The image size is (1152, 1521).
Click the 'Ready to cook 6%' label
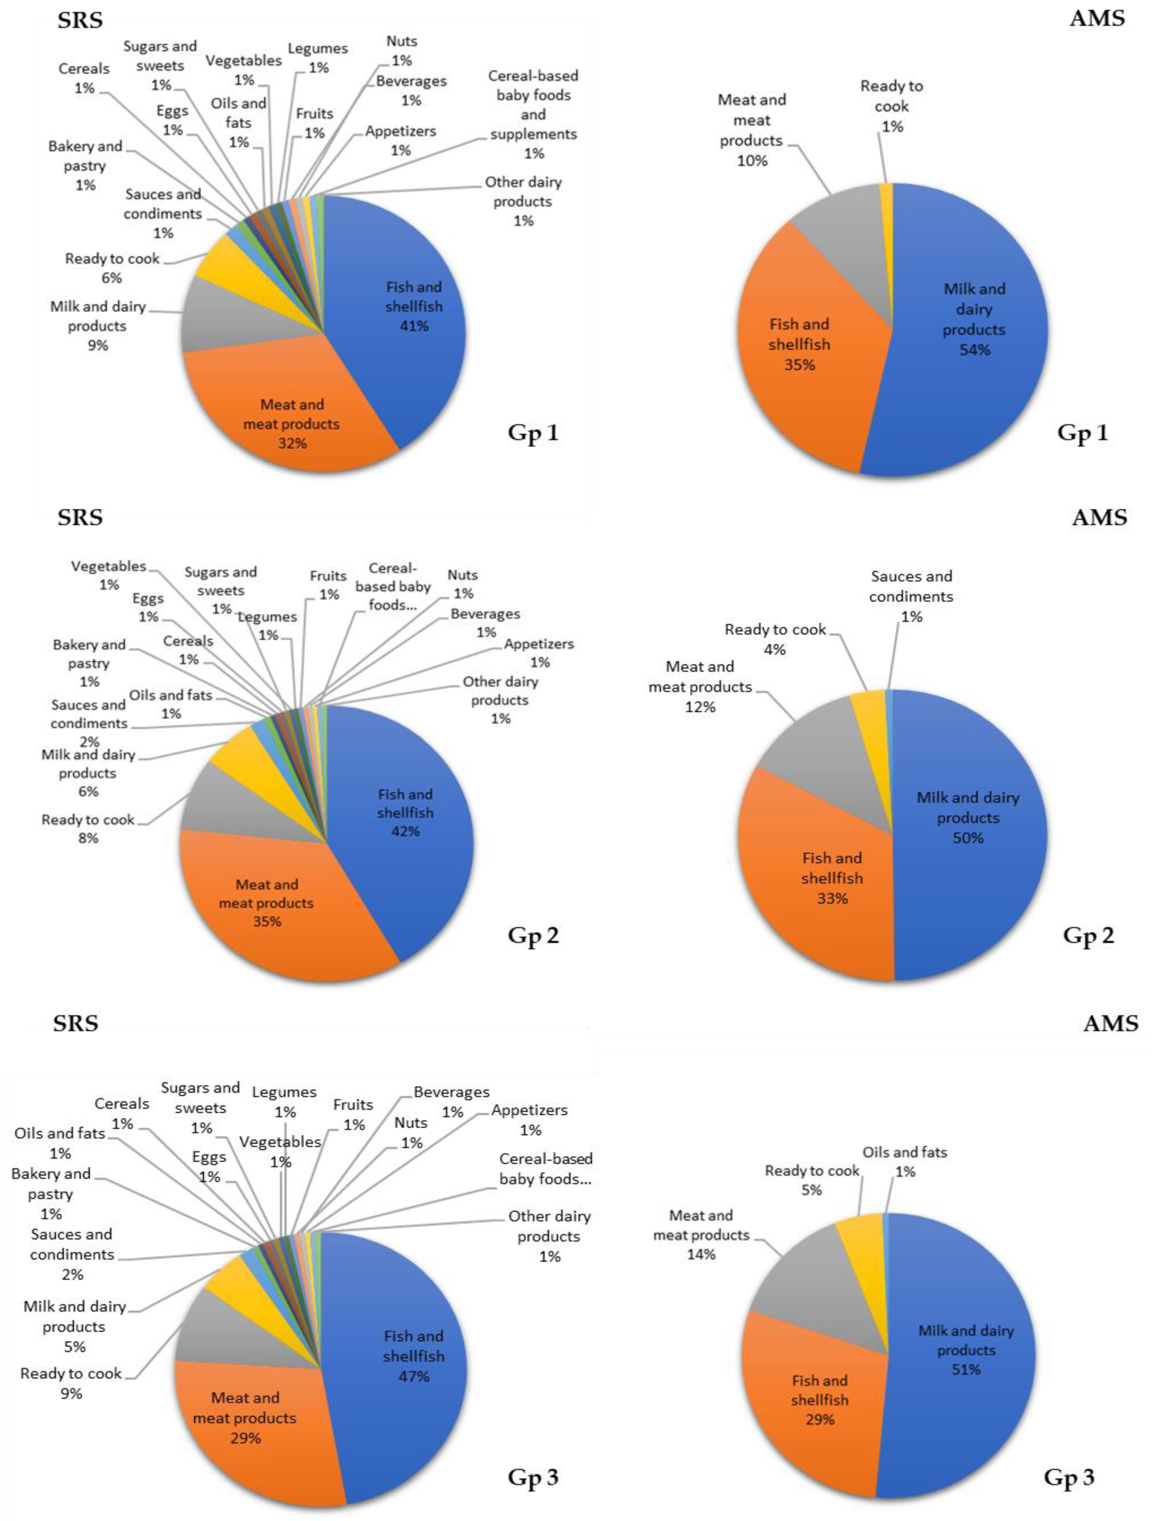click(x=112, y=268)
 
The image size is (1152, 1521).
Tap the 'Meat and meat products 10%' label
click(x=752, y=130)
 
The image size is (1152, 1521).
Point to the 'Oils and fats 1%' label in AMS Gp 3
click(x=904, y=1161)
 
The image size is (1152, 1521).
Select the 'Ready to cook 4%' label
click(x=775, y=639)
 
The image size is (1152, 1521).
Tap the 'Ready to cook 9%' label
click(x=71, y=1383)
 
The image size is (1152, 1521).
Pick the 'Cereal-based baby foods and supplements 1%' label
click(x=533, y=114)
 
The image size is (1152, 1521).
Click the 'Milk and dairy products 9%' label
click(x=97, y=325)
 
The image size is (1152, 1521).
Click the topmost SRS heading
click(x=80, y=19)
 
